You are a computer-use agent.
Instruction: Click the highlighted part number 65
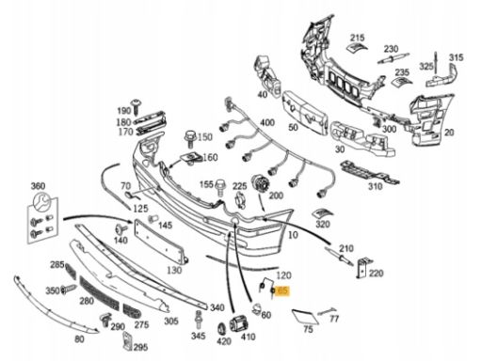pos(282,291)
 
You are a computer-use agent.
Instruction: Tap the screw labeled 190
pos(137,106)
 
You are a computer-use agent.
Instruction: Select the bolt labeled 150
pos(190,139)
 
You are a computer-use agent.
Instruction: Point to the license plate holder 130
pos(161,242)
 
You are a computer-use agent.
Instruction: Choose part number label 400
pos(267,122)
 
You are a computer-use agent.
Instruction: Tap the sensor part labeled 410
pos(239,323)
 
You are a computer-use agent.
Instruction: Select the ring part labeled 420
pos(221,328)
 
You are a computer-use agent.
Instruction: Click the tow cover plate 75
pos(305,317)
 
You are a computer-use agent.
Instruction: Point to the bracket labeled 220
pos(363,267)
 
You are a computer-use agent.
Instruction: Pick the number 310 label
pos(375,187)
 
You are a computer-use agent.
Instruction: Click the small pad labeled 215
pos(357,47)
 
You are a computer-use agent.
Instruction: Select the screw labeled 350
pos(69,290)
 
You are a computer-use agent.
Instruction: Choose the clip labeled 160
pos(190,158)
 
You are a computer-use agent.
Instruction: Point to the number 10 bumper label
pos(293,235)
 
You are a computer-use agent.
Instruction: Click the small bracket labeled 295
pos(127,341)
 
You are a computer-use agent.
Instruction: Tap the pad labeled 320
pos(323,213)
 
